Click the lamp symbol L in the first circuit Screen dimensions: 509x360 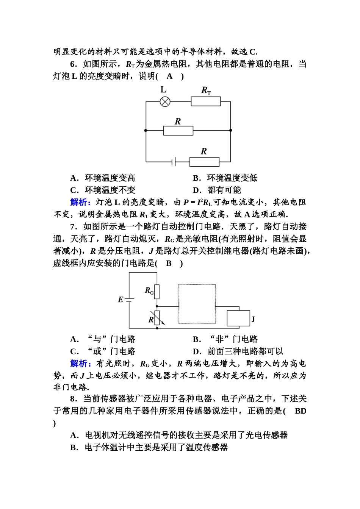point(165,101)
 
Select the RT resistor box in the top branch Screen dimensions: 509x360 point(206,101)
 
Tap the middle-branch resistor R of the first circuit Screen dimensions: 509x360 point(178,131)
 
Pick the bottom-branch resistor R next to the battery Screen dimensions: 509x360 point(204,162)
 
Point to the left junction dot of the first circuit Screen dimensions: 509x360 point(146,130)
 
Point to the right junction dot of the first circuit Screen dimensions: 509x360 point(231,130)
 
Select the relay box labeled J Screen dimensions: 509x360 point(238,318)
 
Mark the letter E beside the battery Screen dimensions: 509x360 point(121,300)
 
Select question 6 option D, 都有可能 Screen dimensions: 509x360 point(224,190)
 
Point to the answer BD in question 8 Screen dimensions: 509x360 point(300,411)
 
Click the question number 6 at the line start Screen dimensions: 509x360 point(73,64)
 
